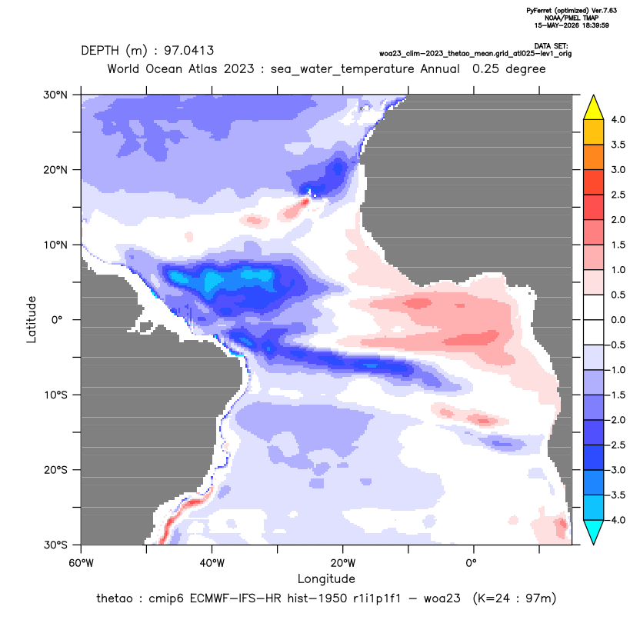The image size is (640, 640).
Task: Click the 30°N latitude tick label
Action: pos(55,95)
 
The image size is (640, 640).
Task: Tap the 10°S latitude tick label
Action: pos(55,395)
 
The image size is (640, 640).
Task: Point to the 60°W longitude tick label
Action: pos(82,563)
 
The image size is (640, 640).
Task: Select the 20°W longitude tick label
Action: pos(343,563)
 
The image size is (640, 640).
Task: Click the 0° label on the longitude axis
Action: pos(471,563)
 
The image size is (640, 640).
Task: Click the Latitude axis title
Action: pos(32,319)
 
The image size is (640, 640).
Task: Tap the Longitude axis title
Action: pos(326,578)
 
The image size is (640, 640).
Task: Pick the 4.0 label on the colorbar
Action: pos(618,119)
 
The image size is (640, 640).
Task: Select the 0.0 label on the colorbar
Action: pos(618,320)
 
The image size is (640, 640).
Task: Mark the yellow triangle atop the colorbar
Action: pos(594,108)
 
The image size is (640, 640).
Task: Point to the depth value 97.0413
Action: pos(188,51)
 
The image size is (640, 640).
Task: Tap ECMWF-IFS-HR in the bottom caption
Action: pos(215,598)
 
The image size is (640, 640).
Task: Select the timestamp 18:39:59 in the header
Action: pos(595,25)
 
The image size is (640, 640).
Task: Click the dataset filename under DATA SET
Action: pos(475,54)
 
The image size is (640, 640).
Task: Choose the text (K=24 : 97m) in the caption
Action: pos(515,598)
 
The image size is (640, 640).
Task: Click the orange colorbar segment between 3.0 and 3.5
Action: pos(594,157)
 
